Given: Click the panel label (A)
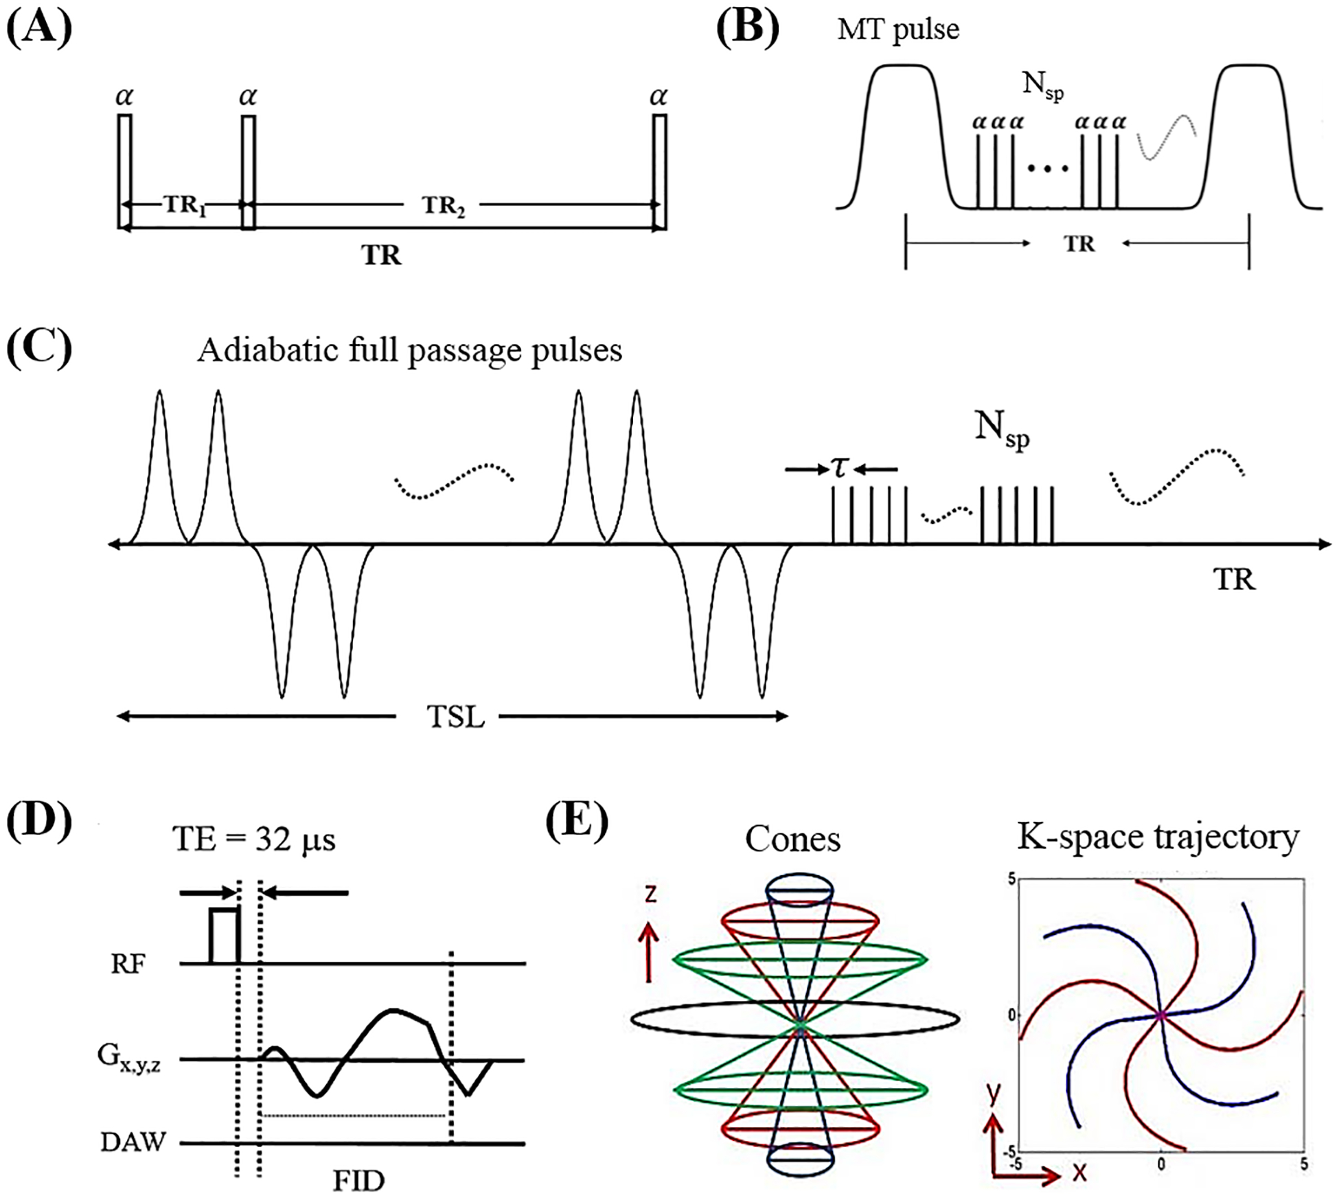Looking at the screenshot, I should tap(39, 30).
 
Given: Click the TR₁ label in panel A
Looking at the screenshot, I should tap(185, 205).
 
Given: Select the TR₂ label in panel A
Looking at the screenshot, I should tap(443, 205).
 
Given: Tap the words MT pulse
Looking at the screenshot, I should tap(898, 30).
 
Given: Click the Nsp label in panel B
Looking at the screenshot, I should tap(1042, 86).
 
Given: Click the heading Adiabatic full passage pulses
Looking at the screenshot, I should tap(410, 351).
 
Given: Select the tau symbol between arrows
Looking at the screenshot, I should tap(840, 468).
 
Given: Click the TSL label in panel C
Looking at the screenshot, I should tap(455, 717).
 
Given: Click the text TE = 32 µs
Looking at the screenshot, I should tap(254, 839).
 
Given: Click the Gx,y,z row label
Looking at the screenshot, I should tap(128, 1058).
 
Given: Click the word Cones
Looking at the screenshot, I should tap(792, 840).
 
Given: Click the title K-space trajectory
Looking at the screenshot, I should tap(1158, 837).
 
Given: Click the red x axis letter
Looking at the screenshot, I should tap(1079, 1172).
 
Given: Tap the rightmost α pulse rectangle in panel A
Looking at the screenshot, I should tap(659, 172).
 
